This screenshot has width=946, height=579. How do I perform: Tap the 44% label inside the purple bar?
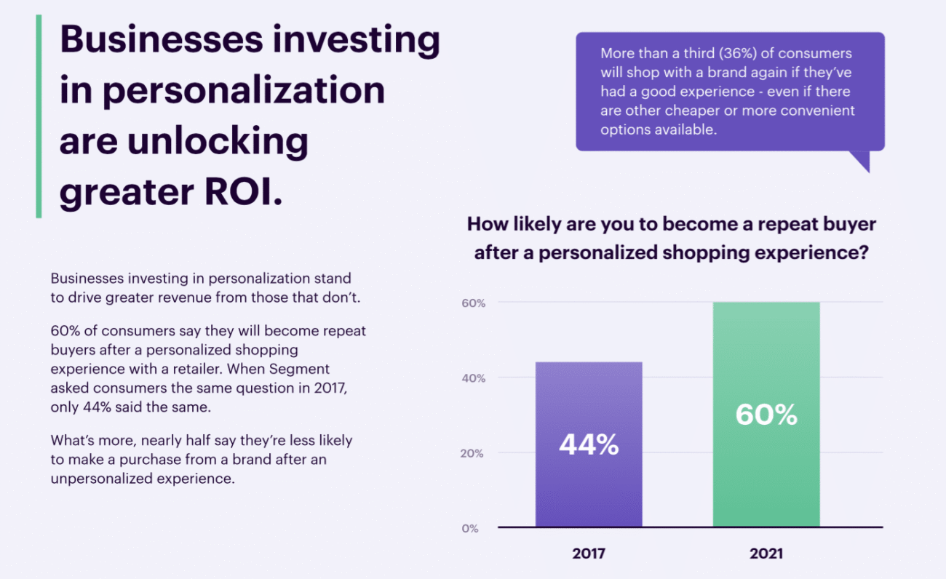click(x=589, y=444)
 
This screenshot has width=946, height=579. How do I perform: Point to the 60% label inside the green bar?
click(x=766, y=415)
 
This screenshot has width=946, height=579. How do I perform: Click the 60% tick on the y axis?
click(x=474, y=303)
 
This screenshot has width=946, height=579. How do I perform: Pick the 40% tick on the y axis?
click(x=474, y=378)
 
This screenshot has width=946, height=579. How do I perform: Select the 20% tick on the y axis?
click(x=474, y=453)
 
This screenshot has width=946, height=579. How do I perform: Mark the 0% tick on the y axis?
click(x=470, y=529)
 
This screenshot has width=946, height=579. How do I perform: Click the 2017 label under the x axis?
click(x=589, y=554)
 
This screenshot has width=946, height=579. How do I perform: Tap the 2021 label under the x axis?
click(x=766, y=554)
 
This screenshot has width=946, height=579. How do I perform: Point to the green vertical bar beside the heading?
click(x=39, y=116)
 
